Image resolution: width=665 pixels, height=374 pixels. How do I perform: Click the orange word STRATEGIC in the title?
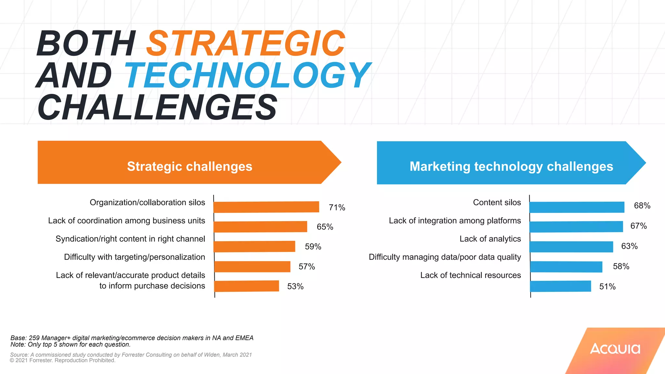click(246, 43)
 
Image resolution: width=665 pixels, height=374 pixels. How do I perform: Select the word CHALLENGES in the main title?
click(157, 107)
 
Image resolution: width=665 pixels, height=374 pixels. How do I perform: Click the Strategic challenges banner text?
click(190, 166)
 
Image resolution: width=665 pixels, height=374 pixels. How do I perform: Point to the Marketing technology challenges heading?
click(511, 166)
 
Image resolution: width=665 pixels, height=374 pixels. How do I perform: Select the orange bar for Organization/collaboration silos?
click(266, 207)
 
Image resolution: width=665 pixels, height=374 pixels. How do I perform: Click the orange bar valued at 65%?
click(260, 227)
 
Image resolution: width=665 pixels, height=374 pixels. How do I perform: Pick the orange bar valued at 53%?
click(247, 286)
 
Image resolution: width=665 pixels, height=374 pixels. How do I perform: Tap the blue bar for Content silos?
click(577, 207)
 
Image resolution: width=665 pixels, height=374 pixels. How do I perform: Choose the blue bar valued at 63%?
click(571, 247)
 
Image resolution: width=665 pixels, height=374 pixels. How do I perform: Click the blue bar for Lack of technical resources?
click(560, 286)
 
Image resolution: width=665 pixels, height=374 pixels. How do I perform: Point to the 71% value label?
click(337, 207)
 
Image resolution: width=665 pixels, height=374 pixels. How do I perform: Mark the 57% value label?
click(307, 267)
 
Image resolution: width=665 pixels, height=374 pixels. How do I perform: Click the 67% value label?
click(638, 226)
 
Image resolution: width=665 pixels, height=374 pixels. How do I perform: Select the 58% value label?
click(621, 267)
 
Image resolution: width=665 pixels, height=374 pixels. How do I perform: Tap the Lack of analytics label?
click(490, 239)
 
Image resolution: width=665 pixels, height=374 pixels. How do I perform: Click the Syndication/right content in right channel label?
click(130, 239)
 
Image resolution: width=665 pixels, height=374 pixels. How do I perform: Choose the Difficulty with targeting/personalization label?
click(134, 257)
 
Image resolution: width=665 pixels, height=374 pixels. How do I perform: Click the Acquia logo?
click(615, 349)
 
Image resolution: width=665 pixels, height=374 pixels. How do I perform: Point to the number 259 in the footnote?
click(34, 338)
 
